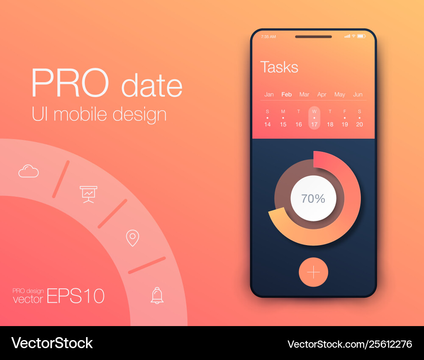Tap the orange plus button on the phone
(x=313, y=272)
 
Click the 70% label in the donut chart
(x=313, y=198)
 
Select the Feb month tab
(x=286, y=95)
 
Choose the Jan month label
(x=269, y=95)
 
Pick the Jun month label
(x=357, y=95)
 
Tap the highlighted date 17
(x=314, y=124)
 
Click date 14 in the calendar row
(x=268, y=124)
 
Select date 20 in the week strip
(x=360, y=124)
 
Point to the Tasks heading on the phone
(x=279, y=67)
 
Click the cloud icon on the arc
(x=28, y=171)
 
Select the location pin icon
(x=132, y=238)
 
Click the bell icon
(x=157, y=296)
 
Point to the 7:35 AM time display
(x=268, y=36)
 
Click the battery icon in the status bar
(x=361, y=36)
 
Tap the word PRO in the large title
(x=70, y=83)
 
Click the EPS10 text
(x=76, y=296)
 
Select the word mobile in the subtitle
(x=80, y=114)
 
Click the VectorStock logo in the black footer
(x=52, y=343)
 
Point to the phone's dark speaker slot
(x=313, y=37)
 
